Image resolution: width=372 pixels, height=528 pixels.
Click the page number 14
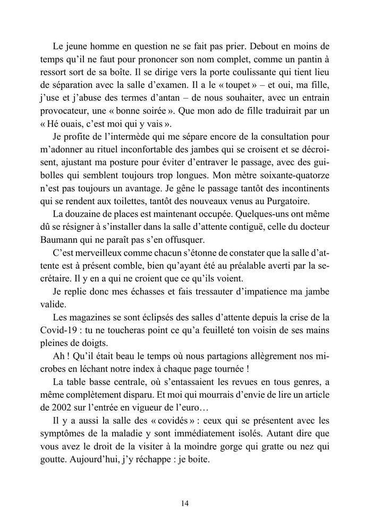[185, 503]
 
